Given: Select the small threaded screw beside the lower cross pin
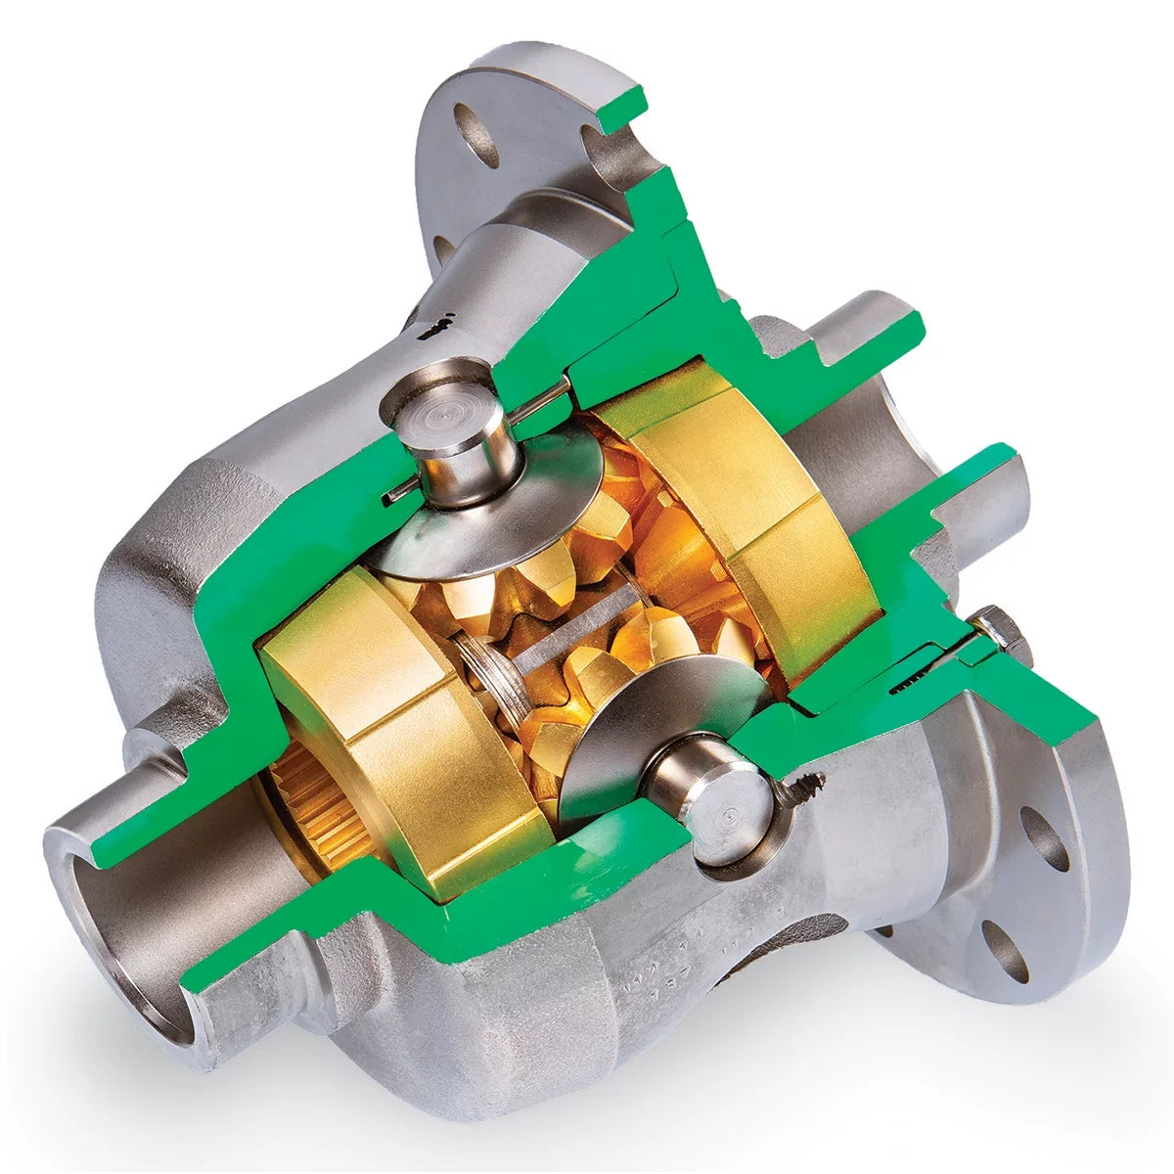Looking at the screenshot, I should click(x=807, y=784).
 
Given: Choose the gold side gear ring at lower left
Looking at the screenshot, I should click(x=391, y=724).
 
